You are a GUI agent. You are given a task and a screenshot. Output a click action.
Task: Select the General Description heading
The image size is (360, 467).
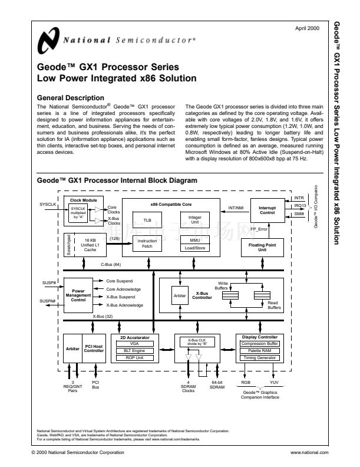71,97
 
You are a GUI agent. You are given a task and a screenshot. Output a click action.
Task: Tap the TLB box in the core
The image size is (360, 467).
147,222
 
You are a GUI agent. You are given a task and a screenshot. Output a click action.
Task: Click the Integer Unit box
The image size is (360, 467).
194,219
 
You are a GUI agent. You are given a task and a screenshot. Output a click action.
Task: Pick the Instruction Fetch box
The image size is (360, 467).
147,244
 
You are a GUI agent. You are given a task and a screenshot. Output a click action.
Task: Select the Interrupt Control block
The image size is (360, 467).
267,210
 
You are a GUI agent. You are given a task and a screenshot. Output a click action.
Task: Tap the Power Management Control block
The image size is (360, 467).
78,295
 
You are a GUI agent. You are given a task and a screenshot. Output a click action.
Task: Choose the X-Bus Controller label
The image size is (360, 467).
202,295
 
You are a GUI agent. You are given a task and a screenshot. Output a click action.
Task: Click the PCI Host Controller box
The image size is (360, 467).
94,348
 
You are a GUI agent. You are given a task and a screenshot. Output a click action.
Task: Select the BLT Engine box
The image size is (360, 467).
135,350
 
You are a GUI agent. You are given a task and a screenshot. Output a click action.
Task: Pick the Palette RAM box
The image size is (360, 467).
260,350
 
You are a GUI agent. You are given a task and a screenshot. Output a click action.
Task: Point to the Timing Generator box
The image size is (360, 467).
260,357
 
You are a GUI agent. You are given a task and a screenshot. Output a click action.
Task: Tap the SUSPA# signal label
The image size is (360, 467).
48,301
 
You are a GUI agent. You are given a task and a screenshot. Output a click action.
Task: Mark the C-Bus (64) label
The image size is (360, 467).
111,264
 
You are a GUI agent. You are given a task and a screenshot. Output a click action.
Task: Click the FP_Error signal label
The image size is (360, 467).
259,228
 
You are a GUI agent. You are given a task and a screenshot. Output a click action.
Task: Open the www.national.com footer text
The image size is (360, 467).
309,452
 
